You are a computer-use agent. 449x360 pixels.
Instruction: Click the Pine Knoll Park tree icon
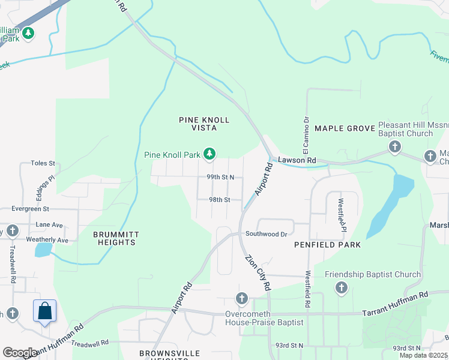point(209,155)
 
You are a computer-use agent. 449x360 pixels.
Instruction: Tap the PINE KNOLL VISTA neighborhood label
point(204,124)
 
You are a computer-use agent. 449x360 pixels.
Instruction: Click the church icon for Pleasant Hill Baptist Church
point(394,146)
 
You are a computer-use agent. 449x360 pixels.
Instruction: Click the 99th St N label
point(220,178)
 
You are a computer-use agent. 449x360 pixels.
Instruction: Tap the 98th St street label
point(219,200)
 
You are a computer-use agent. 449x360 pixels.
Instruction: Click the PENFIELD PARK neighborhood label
point(327,245)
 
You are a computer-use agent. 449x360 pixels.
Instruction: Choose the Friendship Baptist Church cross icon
point(341,289)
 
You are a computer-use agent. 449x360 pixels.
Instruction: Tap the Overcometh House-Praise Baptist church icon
point(241,298)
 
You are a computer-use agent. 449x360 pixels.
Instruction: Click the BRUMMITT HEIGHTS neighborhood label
point(114,238)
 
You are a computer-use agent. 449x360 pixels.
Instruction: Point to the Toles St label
point(43,163)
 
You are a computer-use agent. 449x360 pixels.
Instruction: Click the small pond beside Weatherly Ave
point(43,250)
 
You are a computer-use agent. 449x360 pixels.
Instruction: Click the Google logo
point(20,353)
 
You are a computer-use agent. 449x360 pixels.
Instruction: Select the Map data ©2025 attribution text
point(423,355)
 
